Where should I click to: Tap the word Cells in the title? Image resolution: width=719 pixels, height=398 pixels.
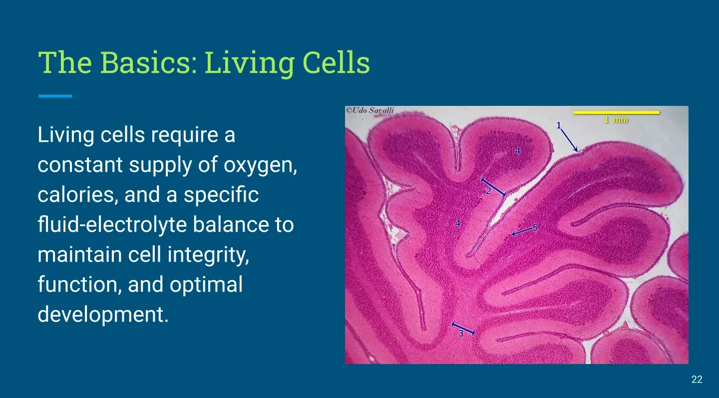point(336,62)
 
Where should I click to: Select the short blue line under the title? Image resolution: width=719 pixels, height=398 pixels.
point(55,96)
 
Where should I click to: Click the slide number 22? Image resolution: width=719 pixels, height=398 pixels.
point(697,380)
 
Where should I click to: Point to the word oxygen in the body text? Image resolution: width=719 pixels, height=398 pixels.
point(260,165)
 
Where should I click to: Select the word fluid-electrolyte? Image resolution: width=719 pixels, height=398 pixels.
point(112,224)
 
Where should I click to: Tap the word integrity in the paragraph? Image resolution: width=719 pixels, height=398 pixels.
point(208,255)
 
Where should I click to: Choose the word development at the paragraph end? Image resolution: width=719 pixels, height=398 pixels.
point(103,315)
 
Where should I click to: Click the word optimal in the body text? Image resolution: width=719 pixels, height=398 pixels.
point(206,285)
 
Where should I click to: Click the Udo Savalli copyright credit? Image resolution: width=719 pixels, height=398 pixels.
point(370,110)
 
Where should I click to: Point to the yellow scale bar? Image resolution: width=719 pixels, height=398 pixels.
point(616,112)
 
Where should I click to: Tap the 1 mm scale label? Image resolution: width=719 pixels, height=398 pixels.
point(616,120)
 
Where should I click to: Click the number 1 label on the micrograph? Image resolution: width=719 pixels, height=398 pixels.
point(559,125)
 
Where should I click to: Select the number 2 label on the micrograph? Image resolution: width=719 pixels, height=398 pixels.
point(488,191)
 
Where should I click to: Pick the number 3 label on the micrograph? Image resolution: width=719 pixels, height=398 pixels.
point(461,333)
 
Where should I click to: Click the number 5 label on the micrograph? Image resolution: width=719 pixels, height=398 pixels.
point(535,228)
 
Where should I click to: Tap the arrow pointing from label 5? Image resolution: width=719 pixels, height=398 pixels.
point(522,231)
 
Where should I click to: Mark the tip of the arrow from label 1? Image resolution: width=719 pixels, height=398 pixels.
point(577,151)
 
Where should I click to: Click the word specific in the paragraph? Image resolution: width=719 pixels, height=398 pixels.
point(221,195)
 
